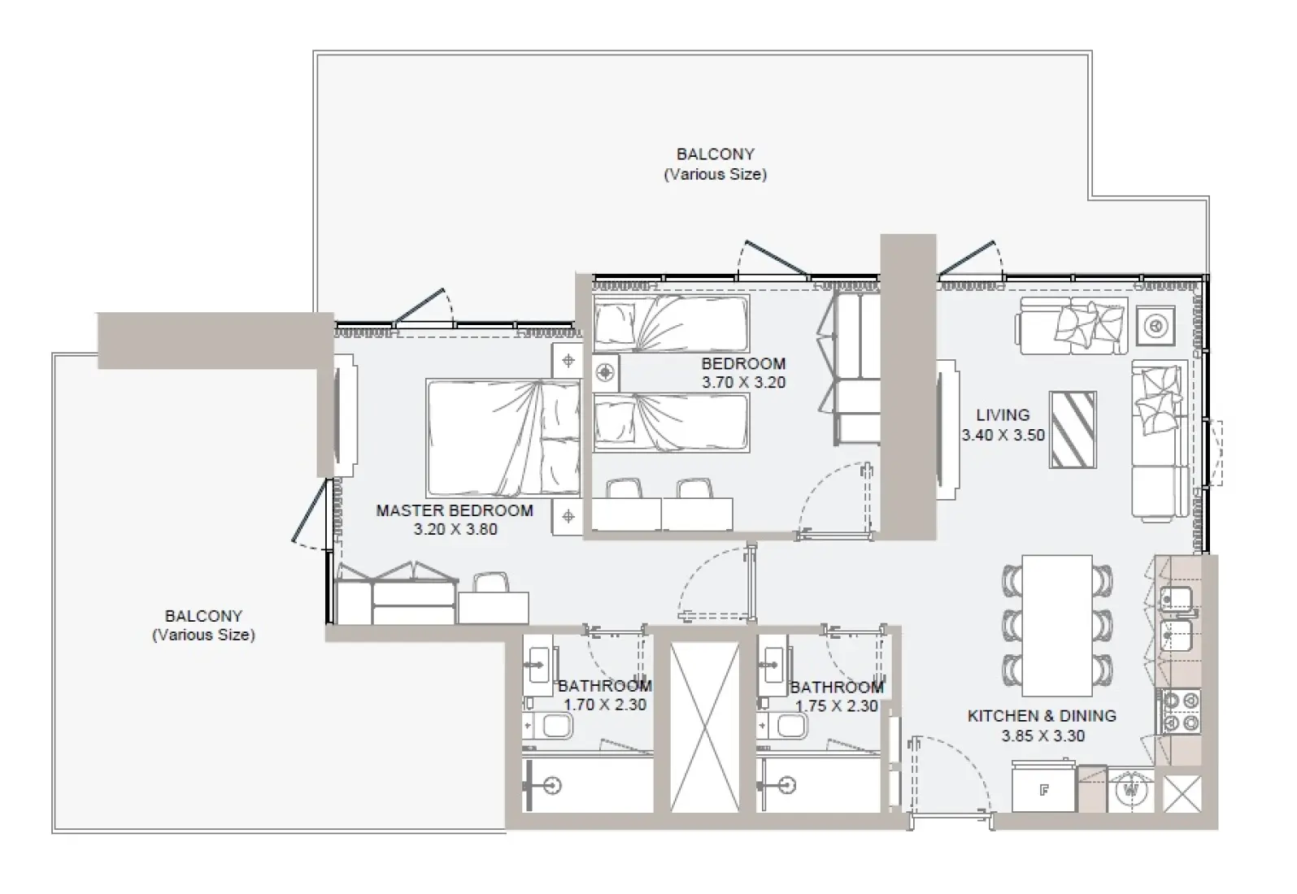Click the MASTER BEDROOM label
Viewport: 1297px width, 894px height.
454,510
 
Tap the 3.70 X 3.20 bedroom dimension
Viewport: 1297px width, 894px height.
743,383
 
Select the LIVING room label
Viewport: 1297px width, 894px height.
1003,414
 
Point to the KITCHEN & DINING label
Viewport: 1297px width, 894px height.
1041,716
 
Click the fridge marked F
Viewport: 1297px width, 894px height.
1044,789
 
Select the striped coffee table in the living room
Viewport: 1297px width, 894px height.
1073,430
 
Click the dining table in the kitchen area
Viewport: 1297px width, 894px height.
1056,624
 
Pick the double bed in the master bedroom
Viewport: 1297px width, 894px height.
503,438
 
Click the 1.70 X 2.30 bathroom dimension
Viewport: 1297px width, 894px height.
605,705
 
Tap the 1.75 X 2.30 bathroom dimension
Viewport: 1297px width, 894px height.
836,706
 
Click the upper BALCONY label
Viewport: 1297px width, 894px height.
715,154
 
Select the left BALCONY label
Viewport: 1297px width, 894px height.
203,616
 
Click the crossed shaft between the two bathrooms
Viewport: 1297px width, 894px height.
704,727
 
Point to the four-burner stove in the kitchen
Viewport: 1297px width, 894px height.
1179,711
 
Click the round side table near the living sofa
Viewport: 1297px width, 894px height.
1155,325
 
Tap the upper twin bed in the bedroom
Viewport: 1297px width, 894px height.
671,323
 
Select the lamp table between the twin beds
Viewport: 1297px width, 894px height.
605,373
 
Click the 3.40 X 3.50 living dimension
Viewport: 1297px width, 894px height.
1003,436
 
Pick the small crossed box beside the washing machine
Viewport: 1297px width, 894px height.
1182,793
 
